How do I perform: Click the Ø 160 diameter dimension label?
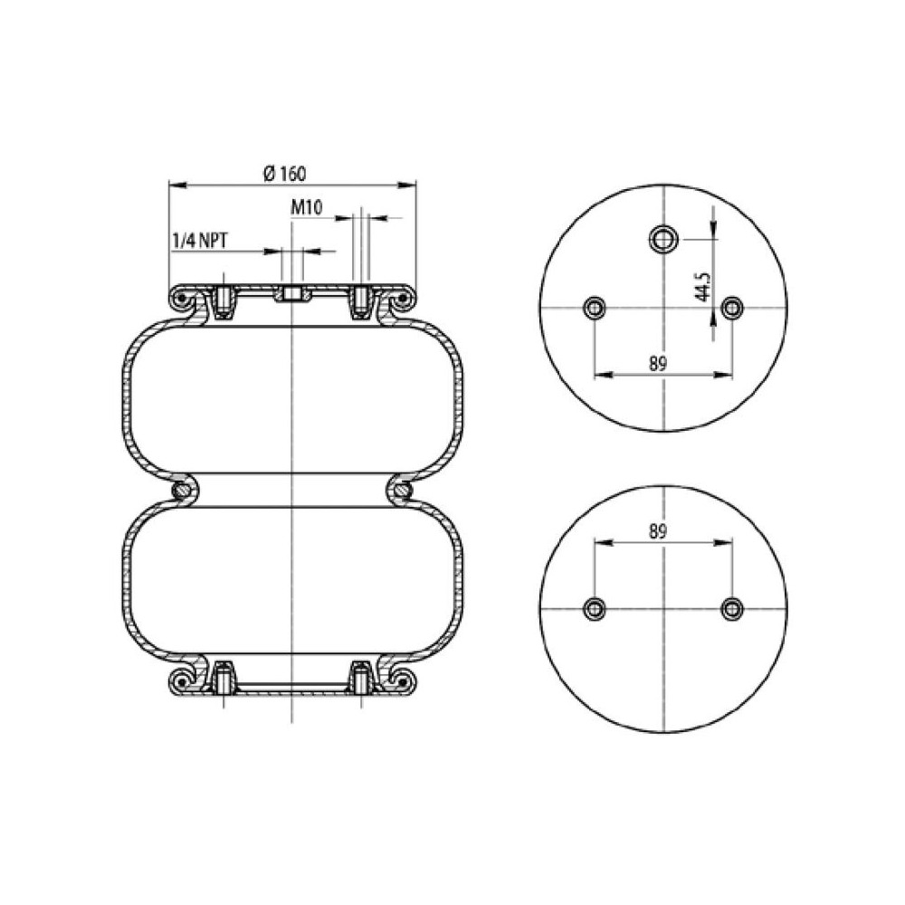point(292,173)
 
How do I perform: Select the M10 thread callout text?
point(308,208)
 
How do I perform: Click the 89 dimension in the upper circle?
point(658,364)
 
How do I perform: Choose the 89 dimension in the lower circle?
point(658,532)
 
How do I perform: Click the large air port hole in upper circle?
point(663,240)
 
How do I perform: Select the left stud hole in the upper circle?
point(595,309)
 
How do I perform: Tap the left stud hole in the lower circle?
point(595,607)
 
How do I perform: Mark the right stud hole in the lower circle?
point(731,608)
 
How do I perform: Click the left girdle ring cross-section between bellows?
point(184,491)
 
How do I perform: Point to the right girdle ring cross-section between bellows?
point(402,491)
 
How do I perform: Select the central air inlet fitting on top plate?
point(292,294)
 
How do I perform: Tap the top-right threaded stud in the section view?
point(360,302)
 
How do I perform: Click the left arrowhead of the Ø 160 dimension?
point(174,186)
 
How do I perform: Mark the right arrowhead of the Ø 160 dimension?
point(412,186)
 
